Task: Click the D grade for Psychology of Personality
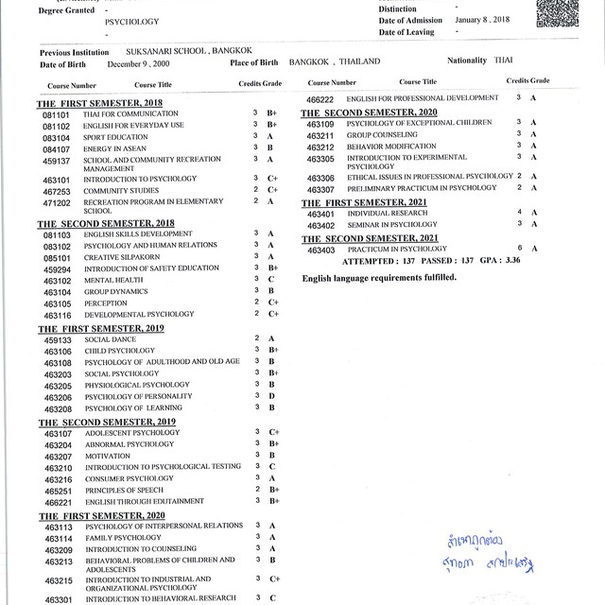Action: pyautogui.click(x=271, y=396)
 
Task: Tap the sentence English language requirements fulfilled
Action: pyautogui.click(x=379, y=278)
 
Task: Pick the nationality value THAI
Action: pyautogui.click(x=505, y=60)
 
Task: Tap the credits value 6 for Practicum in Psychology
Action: pyautogui.click(x=519, y=249)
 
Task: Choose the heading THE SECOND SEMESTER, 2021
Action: pyautogui.click(x=371, y=237)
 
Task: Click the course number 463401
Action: pyautogui.click(x=321, y=214)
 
